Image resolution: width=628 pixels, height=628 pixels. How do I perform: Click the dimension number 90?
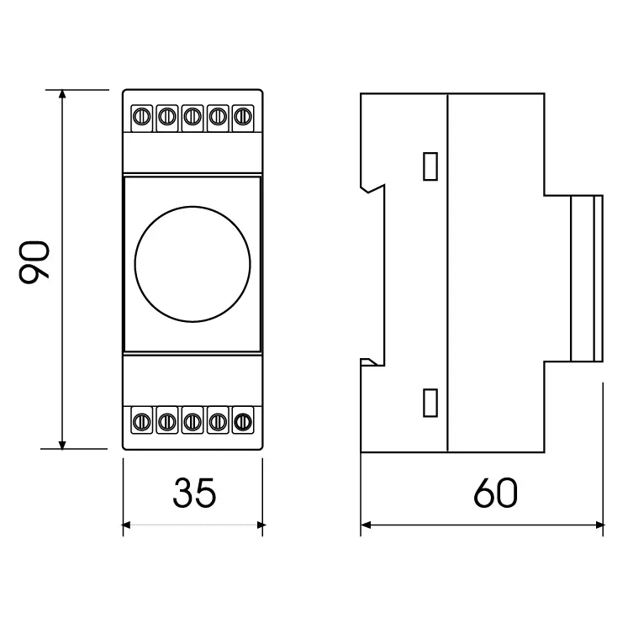coord(36,261)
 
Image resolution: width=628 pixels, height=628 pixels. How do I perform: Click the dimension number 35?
coord(194,493)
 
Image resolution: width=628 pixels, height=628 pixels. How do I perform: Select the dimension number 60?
coord(495,493)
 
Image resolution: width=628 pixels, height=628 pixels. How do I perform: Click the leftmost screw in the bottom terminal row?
coord(142,418)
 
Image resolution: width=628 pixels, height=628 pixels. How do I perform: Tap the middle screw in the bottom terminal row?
coord(193,418)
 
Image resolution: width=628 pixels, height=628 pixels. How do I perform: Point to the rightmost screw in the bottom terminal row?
coord(243,418)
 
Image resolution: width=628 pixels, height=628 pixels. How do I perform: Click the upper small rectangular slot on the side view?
coord(430,166)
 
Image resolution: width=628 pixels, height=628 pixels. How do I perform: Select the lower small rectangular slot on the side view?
coord(430,403)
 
